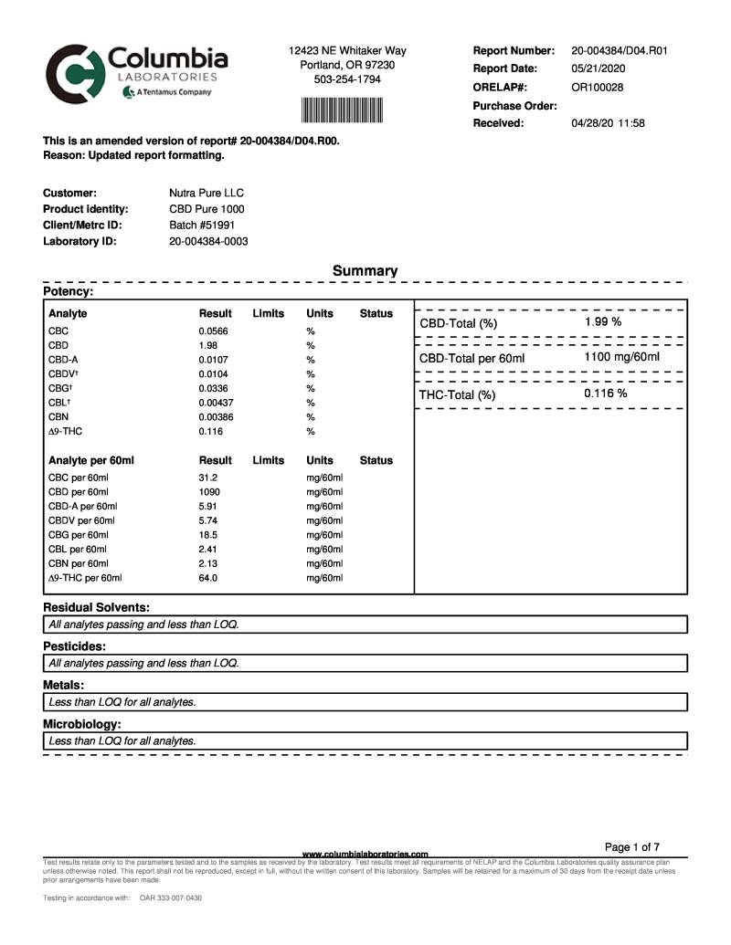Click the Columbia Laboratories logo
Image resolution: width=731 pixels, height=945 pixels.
pos(137,76)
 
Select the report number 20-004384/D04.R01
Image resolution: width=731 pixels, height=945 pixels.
pos(619,51)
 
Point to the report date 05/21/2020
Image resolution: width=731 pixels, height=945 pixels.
pos(599,69)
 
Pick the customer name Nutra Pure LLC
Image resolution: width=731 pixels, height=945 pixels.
pos(207,194)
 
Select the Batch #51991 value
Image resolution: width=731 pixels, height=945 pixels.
pos(202,225)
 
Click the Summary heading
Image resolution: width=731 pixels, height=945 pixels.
pos(365,271)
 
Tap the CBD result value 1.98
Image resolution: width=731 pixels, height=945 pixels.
pos(207,345)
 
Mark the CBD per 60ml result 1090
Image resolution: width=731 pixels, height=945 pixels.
pos(209,492)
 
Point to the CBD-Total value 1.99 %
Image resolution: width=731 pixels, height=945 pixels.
pos(603,322)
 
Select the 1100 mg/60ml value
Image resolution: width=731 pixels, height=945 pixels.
pos(621,357)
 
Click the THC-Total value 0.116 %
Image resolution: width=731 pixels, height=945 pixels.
pos(606,394)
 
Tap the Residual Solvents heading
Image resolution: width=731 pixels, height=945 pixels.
pos(97,607)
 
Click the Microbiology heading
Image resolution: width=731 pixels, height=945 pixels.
pos(82,724)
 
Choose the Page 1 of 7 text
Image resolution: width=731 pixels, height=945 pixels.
pos(632,847)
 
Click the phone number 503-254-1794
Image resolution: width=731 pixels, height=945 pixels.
pos(347,79)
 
